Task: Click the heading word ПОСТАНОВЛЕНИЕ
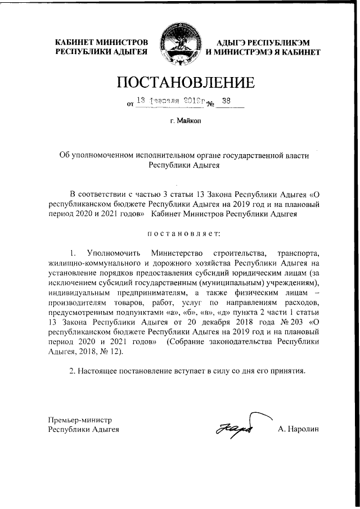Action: tap(185, 83)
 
